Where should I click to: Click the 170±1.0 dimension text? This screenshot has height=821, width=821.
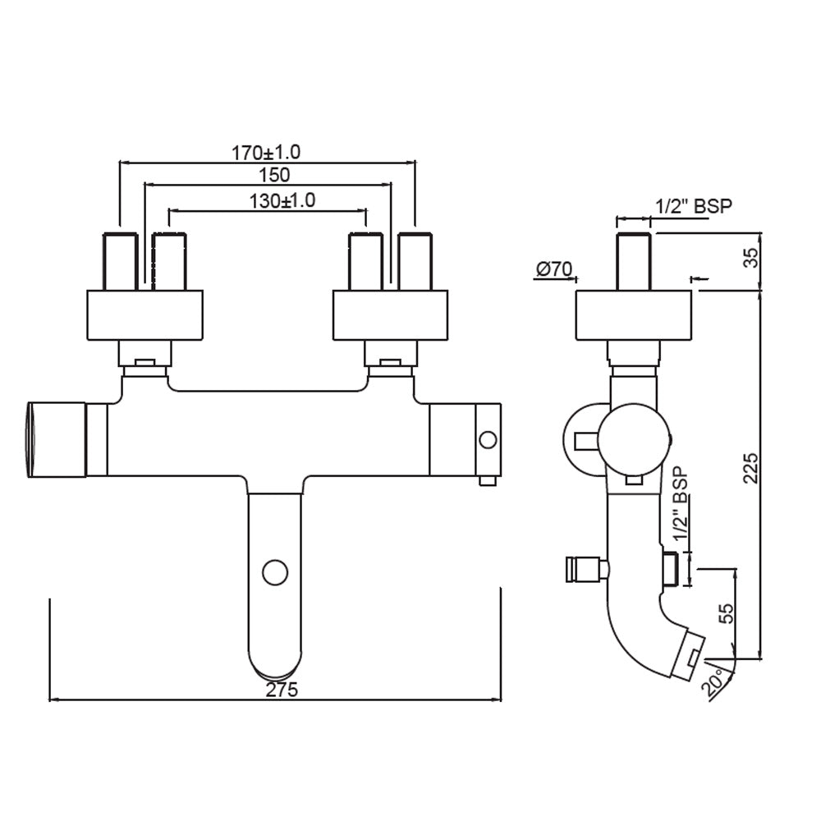pyautogui.click(x=266, y=152)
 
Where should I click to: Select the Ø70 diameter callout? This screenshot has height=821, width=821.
pyautogui.click(x=554, y=268)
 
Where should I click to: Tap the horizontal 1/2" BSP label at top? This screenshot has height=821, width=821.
pyautogui.click(x=693, y=206)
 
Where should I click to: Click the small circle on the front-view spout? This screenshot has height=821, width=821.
pyautogui.click(x=274, y=571)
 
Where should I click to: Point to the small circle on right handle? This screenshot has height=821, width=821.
pyautogui.click(x=487, y=440)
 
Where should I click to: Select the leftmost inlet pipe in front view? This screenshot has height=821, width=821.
pyautogui.click(x=120, y=261)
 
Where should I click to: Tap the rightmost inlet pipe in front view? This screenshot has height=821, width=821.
pyautogui.click(x=415, y=261)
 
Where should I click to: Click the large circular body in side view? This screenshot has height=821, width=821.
pyautogui.click(x=633, y=439)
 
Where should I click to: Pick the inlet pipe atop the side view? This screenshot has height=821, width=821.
pyautogui.click(x=634, y=261)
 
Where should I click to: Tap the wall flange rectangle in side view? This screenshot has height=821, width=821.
pyautogui.click(x=634, y=315)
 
